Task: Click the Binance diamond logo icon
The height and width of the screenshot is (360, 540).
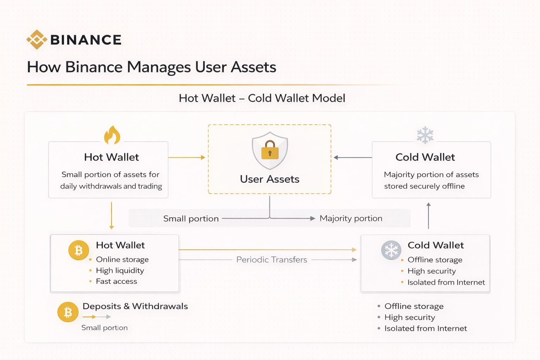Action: coord(37,40)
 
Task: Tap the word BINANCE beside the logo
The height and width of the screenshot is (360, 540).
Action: coord(86,40)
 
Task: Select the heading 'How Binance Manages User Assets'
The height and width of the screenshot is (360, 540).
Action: coord(152,67)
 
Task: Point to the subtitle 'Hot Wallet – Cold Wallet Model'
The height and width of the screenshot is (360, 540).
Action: coord(262,98)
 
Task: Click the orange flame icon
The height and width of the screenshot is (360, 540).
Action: coord(112,135)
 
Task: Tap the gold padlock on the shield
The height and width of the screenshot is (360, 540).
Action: coord(270,150)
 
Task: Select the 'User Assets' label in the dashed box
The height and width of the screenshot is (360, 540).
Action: coord(270,179)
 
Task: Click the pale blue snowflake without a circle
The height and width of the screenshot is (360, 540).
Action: coord(425,135)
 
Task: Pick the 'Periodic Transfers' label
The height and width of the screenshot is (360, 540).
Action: coord(271,260)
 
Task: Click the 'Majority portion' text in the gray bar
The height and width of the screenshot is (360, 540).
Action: coord(351,218)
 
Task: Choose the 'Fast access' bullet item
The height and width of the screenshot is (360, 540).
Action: coord(116,281)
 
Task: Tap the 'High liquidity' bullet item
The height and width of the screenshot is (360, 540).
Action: coord(120,270)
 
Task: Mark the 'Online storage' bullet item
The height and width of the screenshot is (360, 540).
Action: coord(122,259)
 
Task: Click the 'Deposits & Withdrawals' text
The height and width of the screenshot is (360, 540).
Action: coord(135,306)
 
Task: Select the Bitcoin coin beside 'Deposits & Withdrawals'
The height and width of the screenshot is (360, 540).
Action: coord(68,312)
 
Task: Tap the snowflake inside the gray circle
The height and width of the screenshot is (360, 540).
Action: coord(391,250)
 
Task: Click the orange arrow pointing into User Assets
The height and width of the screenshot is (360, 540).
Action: coord(187,157)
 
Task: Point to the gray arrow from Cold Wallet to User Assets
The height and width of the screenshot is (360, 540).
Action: coord(353,157)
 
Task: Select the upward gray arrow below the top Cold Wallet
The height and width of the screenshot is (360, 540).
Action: coord(428,216)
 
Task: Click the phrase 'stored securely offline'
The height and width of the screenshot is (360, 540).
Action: coord(424,186)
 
